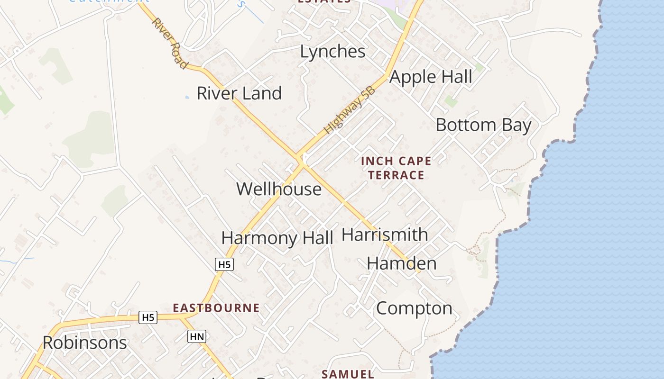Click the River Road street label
click(x=169, y=43)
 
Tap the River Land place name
click(x=239, y=93)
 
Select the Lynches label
click(x=332, y=52)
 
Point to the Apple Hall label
click(x=431, y=77)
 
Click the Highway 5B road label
click(x=350, y=110)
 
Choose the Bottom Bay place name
click(x=483, y=125)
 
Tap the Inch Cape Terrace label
click(x=396, y=168)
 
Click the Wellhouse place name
click(x=279, y=189)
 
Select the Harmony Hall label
click(x=277, y=238)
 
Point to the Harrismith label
click(x=385, y=235)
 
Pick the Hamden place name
click(x=402, y=263)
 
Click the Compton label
click(x=414, y=308)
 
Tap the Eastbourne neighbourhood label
click(x=216, y=308)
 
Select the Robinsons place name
click(x=85, y=343)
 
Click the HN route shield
click(x=197, y=337)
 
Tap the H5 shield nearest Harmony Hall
click(x=224, y=264)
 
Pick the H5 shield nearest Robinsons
click(x=148, y=317)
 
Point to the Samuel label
click(x=348, y=374)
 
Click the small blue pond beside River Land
click(x=187, y=97)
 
